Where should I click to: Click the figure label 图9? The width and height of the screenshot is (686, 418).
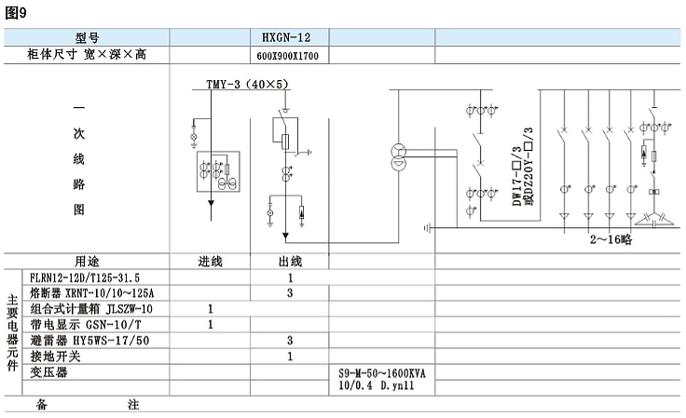click(x=16, y=13)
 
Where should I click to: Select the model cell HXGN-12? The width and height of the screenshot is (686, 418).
click(x=286, y=37)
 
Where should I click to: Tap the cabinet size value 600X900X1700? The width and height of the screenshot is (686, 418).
click(x=287, y=56)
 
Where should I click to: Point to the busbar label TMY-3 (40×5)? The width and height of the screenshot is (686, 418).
click(x=247, y=84)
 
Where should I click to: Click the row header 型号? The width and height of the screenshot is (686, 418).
click(x=87, y=37)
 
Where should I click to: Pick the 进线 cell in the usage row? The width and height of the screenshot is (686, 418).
click(x=210, y=262)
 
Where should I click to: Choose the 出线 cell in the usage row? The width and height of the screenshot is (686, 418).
click(x=290, y=262)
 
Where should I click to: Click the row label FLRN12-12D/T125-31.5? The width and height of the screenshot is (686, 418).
click(x=85, y=277)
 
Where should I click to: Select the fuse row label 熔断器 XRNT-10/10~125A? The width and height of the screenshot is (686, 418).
click(x=92, y=292)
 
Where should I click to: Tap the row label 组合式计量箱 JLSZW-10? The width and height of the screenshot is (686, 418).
click(x=91, y=309)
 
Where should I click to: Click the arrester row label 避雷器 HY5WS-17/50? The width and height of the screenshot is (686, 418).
click(x=89, y=340)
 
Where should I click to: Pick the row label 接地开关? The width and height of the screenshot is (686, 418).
click(x=55, y=356)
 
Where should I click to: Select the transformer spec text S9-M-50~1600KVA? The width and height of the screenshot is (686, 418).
click(x=382, y=373)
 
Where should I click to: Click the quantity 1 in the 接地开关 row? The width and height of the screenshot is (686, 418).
click(x=290, y=357)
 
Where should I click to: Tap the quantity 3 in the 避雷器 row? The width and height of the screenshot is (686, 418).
click(x=290, y=340)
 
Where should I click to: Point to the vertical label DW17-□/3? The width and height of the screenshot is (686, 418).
click(x=517, y=177)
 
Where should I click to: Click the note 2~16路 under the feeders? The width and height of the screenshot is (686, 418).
click(x=611, y=239)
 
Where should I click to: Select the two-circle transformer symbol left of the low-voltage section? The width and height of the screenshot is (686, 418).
click(x=398, y=157)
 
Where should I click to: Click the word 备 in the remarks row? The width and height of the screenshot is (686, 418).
click(x=41, y=404)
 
